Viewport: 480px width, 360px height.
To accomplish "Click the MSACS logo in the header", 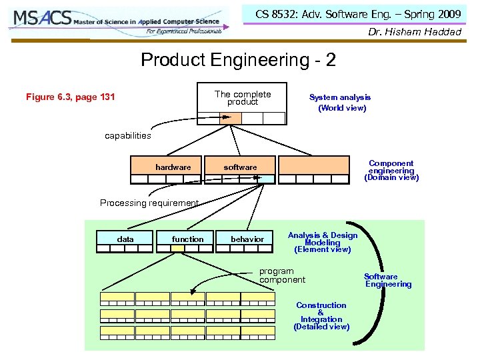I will [x=117, y=22].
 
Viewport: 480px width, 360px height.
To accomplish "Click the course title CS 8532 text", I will [x=357, y=14].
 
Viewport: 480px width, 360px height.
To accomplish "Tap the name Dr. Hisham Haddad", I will [x=415, y=32].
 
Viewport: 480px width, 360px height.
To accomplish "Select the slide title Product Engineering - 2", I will [x=238, y=60].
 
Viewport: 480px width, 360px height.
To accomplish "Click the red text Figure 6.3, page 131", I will [x=70, y=97].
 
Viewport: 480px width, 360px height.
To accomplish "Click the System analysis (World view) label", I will [x=341, y=102].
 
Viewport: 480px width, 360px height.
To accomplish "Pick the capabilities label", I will [x=128, y=135].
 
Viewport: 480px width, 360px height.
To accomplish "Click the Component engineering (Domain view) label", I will [x=391, y=171].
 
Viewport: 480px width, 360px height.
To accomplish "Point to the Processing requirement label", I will [x=149, y=203].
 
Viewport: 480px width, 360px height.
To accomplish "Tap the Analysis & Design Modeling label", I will [x=322, y=242].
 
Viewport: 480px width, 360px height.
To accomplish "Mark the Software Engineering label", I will [x=387, y=281].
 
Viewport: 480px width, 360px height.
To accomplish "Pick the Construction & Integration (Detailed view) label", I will [x=321, y=316].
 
